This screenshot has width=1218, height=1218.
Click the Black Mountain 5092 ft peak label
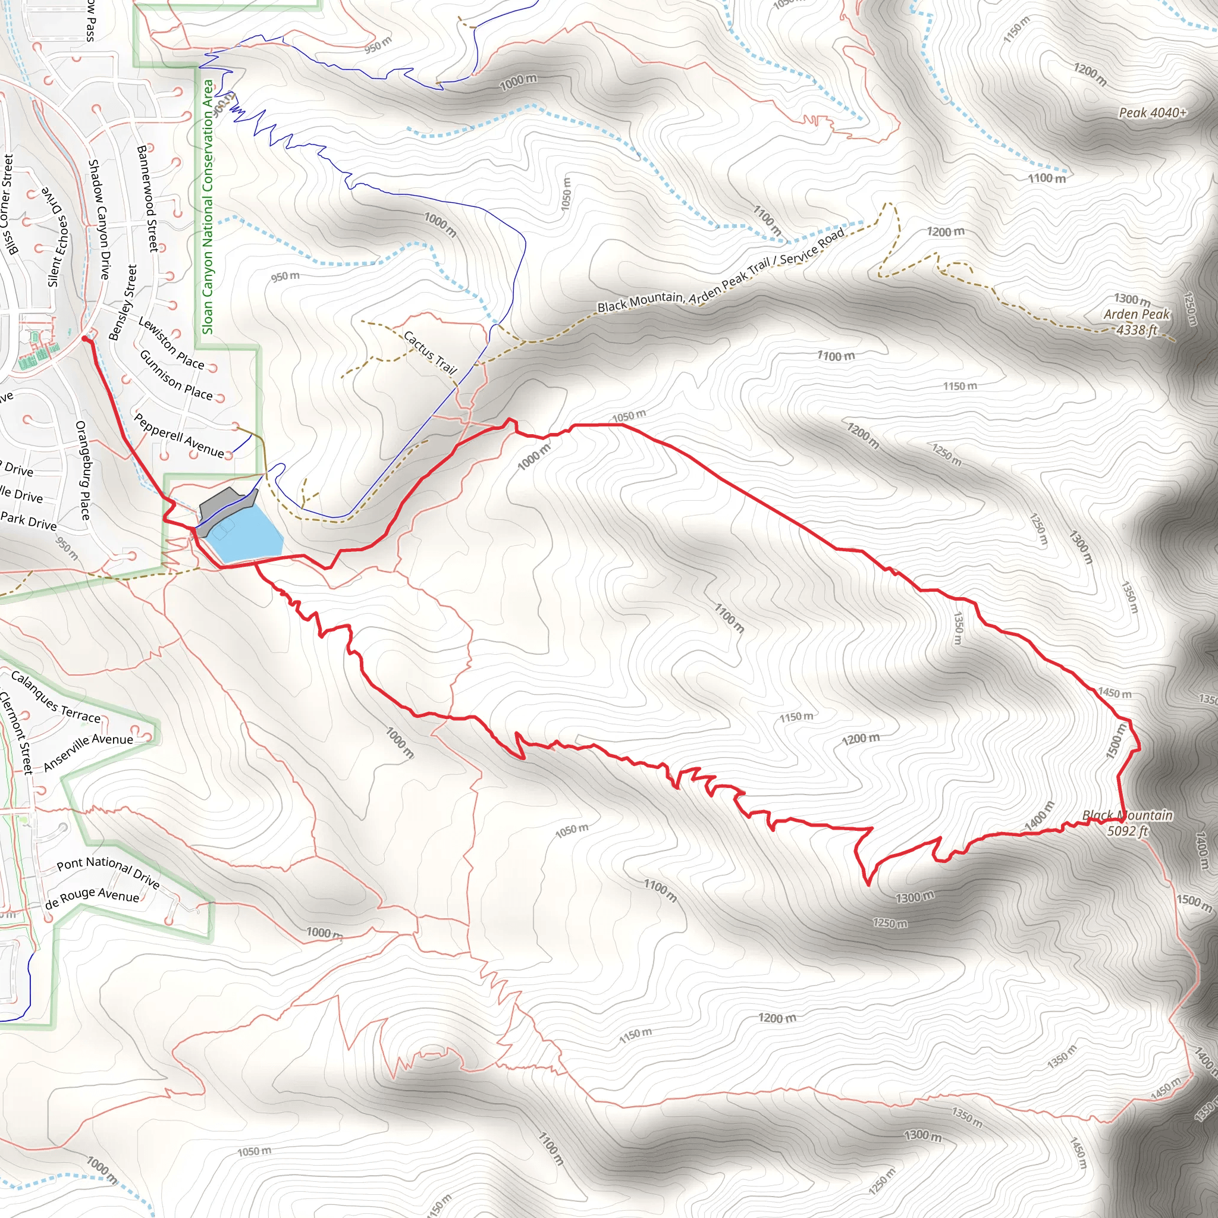(x=1128, y=823)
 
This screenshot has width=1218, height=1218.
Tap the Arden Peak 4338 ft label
(x=1137, y=322)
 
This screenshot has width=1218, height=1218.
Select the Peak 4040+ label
(x=1153, y=113)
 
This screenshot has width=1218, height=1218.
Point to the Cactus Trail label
(x=430, y=352)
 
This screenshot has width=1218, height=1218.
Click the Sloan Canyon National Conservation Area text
(x=208, y=207)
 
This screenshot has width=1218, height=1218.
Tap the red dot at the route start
(x=85, y=339)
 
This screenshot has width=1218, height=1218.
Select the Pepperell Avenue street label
(x=179, y=435)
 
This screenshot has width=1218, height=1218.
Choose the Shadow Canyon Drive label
(x=99, y=219)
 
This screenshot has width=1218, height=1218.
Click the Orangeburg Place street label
(x=83, y=470)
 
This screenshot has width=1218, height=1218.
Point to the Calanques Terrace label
(x=55, y=698)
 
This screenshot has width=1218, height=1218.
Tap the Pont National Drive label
(x=108, y=872)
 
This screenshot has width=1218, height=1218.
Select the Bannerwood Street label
(x=147, y=199)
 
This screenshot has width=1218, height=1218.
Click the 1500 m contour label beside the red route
(x=1115, y=741)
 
